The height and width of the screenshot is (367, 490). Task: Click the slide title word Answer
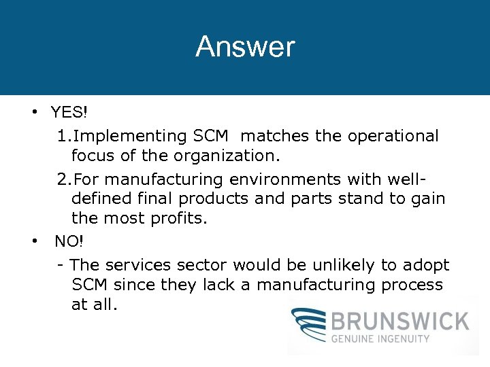point(245,47)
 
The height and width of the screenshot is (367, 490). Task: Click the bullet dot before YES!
point(33,111)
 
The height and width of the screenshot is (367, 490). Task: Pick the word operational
point(393,136)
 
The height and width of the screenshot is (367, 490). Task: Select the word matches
point(280,136)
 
